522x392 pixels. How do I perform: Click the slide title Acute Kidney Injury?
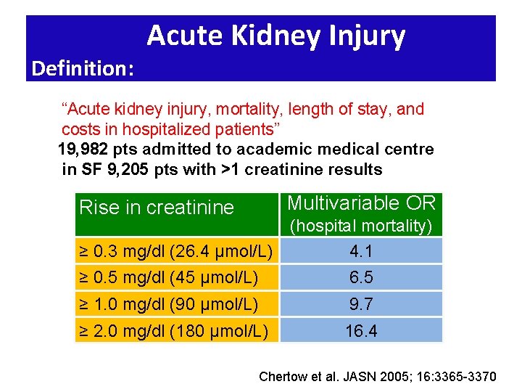click(x=275, y=36)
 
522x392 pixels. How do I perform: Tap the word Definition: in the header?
click(x=83, y=69)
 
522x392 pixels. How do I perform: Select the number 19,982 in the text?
click(x=81, y=150)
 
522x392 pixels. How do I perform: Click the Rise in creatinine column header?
click(x=157, y=208)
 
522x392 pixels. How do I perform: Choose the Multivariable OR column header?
click(x=361, y=203)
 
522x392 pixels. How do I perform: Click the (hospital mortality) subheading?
click(x=361, y=226)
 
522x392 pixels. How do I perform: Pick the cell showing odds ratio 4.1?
click(x=361, y=251)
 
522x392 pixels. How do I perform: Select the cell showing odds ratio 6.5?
click(x=361, y=277)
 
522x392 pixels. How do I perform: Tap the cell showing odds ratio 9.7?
click(x=361, y=304)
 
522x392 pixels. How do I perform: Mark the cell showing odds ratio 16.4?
click(x=361, y=332)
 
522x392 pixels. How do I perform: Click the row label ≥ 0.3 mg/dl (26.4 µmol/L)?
click(x=175, y=252)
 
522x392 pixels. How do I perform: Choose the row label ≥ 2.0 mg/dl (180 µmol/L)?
click(x=173, y=332)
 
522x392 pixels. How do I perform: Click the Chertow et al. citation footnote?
click(x=378, y=376)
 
